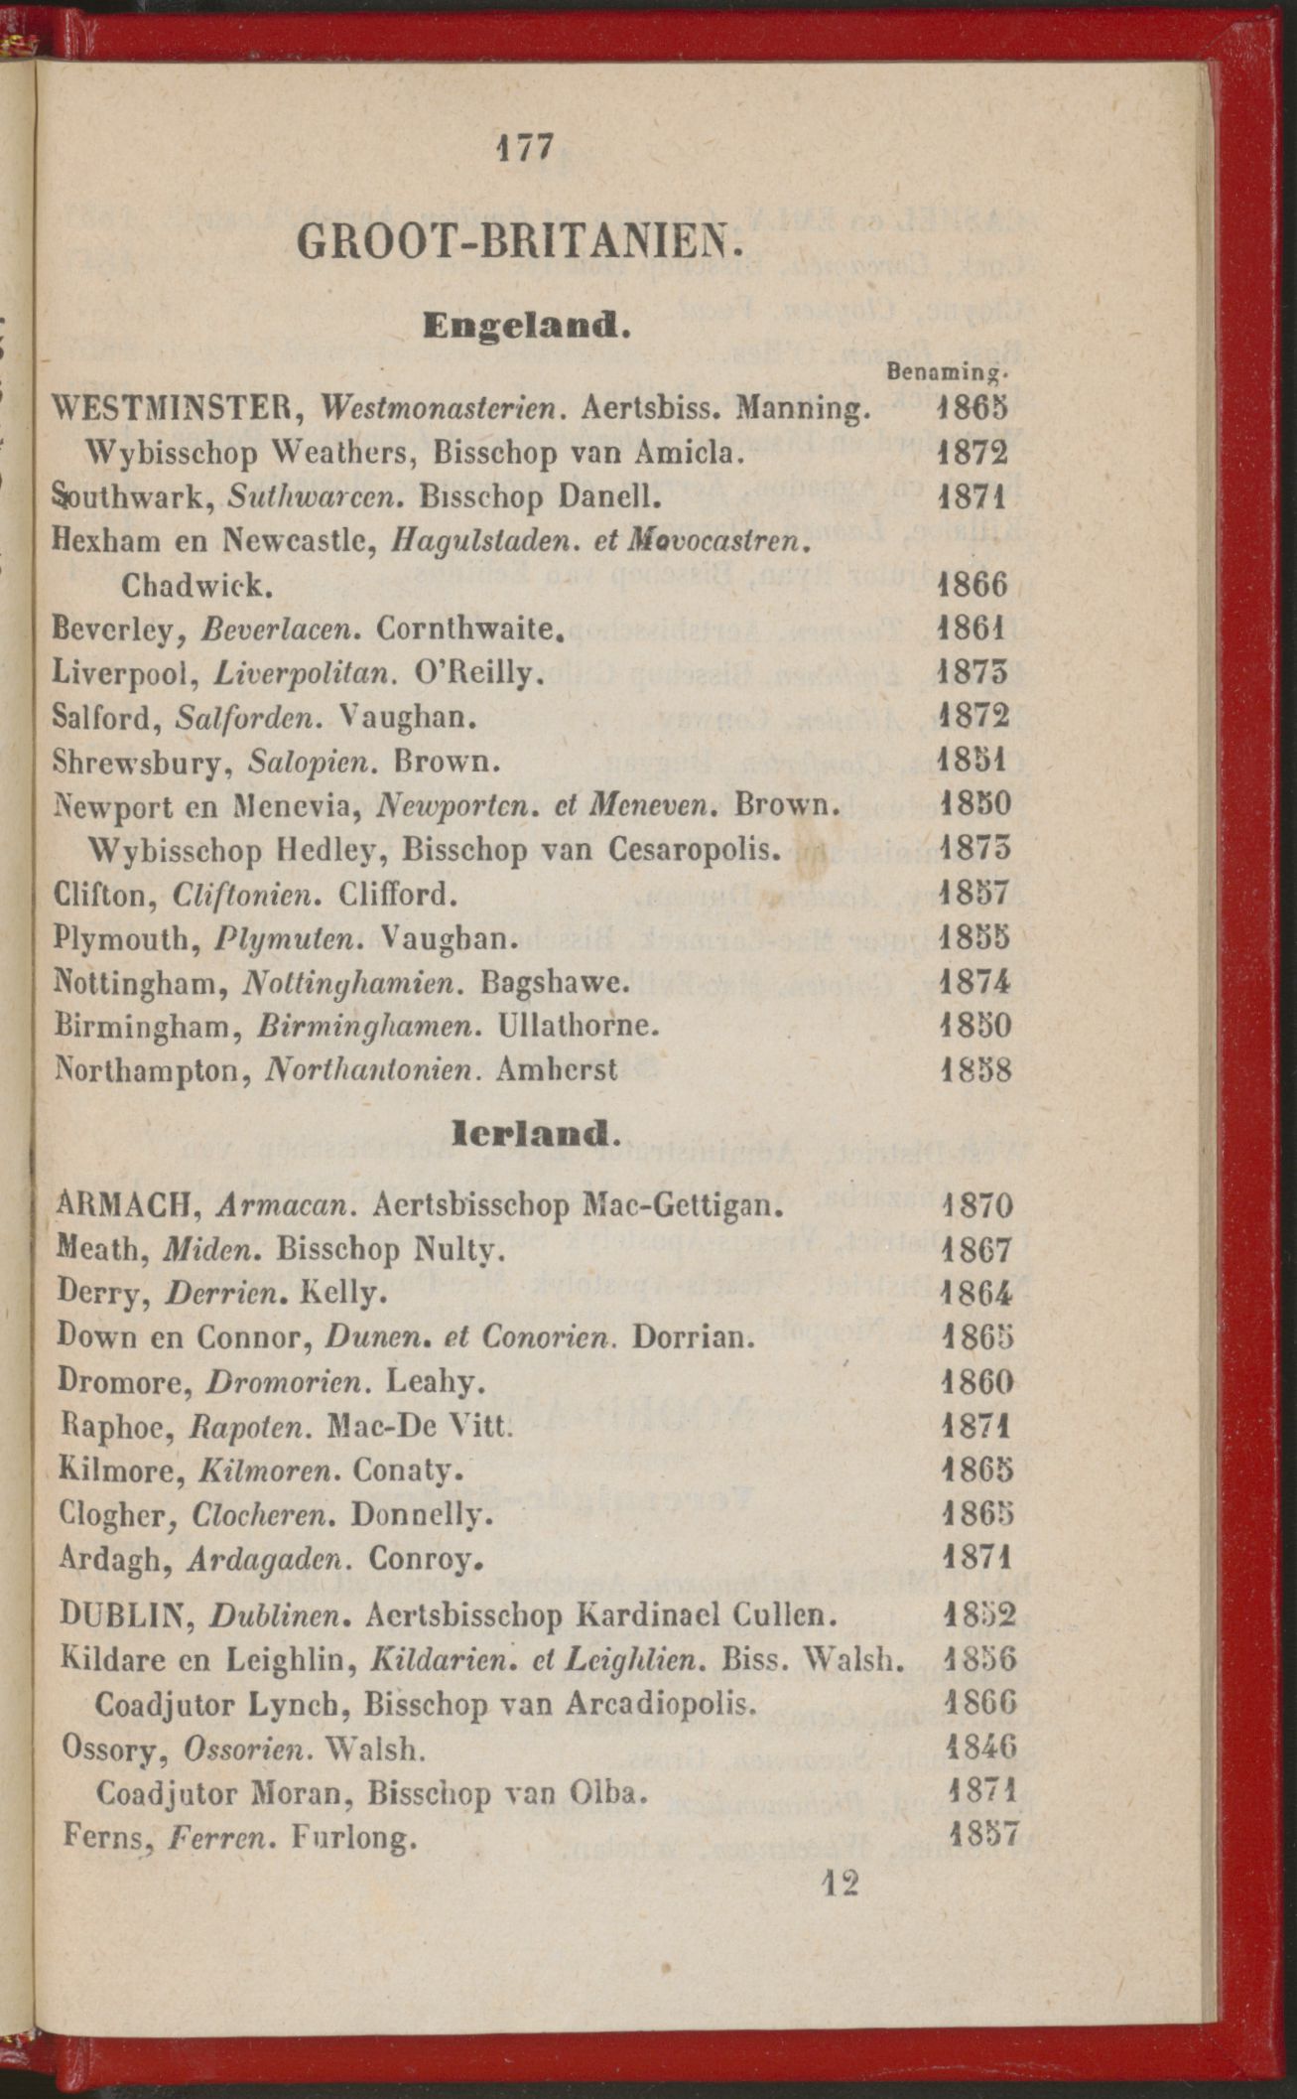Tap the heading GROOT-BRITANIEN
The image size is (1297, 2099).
(x=520, y=241)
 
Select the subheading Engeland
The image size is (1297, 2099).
(x=526, y=325)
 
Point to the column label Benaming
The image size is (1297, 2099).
(x=948, y=373)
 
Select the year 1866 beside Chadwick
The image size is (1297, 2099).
(x=973, y=585)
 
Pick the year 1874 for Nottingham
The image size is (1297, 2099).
(x=973, y=982)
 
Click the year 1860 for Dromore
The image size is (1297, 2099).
(x=976, y=1382)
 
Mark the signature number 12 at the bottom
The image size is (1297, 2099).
(x=839, y=1884)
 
